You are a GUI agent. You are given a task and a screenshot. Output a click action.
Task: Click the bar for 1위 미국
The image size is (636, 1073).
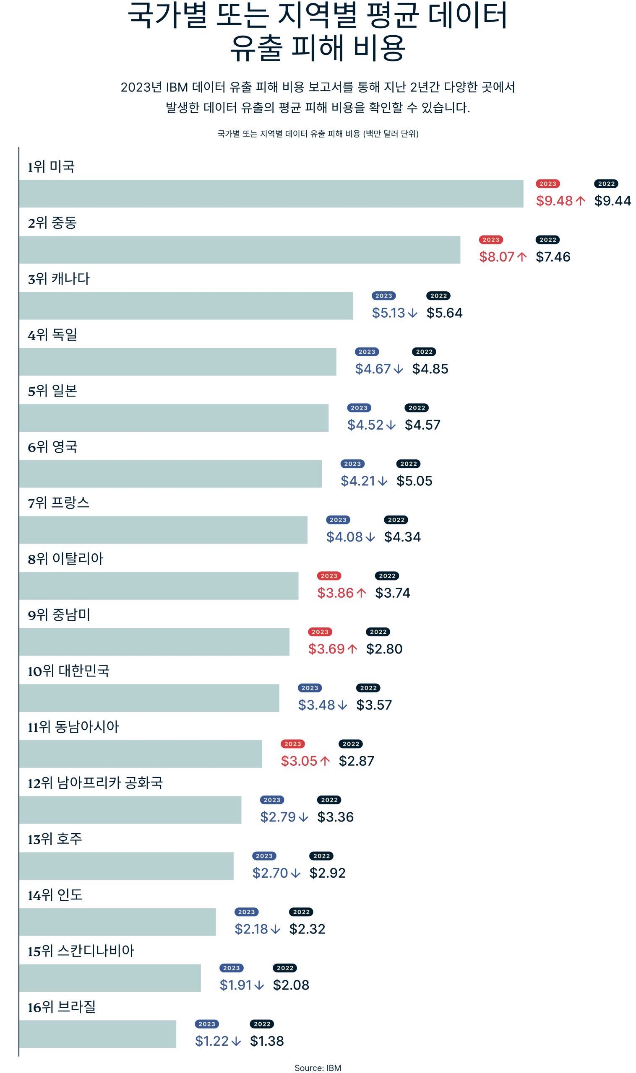[x=271, y=194]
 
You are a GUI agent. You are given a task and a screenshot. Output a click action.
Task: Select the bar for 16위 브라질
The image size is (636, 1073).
[x=98, y=1034]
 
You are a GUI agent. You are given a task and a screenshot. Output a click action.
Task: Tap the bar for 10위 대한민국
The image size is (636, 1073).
[x=149, y=698]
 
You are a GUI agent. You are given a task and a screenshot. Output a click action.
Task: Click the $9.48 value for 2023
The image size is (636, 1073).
[x=554, y=201]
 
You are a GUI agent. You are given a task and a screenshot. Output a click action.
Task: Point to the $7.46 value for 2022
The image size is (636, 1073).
[x=553, y=257]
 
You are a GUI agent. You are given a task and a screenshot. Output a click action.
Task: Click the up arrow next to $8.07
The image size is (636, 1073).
[x=521, y=257]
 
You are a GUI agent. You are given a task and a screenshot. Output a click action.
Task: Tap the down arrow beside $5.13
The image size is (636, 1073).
[x=412, y=313]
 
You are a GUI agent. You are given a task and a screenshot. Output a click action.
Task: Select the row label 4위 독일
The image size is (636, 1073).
[x=52, y=334]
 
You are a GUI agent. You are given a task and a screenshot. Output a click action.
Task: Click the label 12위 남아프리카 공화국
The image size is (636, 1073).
[x=95, y=783]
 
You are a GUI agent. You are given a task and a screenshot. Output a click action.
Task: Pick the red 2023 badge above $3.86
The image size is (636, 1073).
[x=329, y=576]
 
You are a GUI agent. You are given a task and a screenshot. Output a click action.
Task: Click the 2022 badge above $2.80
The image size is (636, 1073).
[x=378, y=632]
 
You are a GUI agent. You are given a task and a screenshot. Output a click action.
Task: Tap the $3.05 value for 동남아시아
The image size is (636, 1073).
[x=299, y=761]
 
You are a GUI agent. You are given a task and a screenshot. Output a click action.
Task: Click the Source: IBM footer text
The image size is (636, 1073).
[x=318, y=1068]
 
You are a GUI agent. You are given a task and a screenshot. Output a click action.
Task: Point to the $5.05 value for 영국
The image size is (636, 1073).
[x=414, y=481]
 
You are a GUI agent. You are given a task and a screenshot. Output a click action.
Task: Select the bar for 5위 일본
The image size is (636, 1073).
[x=174, y=417]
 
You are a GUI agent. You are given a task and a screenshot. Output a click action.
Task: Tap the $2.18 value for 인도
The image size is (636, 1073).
[x=251, y=929]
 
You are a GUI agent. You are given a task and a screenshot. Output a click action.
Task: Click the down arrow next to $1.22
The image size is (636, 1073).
[x=236, y=1041]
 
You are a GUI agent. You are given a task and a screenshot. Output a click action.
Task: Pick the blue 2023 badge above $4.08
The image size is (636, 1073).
[x=338, y=520]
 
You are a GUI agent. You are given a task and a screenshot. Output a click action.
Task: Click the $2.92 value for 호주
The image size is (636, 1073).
[x=327, y=873]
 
